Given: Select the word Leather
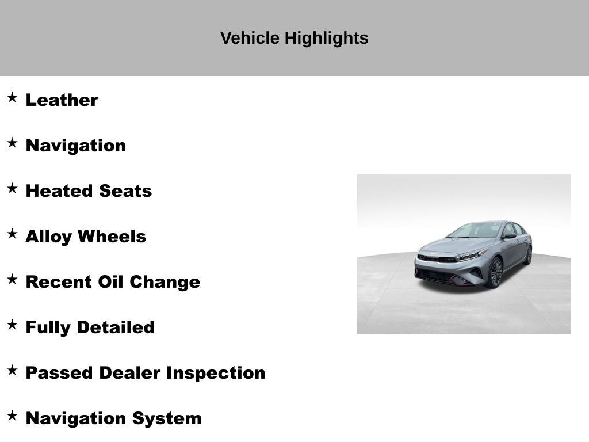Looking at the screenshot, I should [62, 100].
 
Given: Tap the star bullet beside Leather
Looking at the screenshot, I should [12, 97].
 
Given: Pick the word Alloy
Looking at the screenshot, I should [49, 237].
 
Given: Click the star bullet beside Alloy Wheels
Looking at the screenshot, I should [12, 234].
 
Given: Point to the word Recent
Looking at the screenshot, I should [59, 282].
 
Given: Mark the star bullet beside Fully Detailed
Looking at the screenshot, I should [12, 325].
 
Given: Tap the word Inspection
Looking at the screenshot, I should [216, 372].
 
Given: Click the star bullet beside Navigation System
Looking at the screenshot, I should [12, 416].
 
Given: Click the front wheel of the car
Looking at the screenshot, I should [495, 272].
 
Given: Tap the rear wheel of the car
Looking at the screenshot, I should [528, 254].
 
